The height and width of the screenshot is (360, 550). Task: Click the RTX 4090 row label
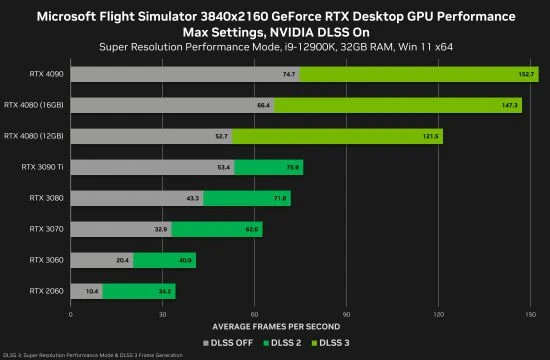[x=45, y=74]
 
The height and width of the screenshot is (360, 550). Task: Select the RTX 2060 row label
[x=45, y=292]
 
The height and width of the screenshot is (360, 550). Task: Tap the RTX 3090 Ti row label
[x=42, y=167]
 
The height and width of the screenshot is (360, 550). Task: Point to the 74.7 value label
[x=289, y=74]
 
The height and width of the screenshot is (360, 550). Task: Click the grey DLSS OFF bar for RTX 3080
[x=136, y=198]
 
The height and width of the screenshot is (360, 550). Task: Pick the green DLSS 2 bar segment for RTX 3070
[x=217, y=229]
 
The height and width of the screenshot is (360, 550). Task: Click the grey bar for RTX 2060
[x=85, y=292]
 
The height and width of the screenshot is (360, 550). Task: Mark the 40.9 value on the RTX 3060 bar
[x=185, y=261]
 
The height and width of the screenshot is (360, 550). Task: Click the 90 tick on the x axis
[x=346, y=314]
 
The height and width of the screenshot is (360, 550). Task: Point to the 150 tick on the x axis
[x=531, y=314]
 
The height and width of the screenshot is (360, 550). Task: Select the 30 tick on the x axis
[x=162, y=314]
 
